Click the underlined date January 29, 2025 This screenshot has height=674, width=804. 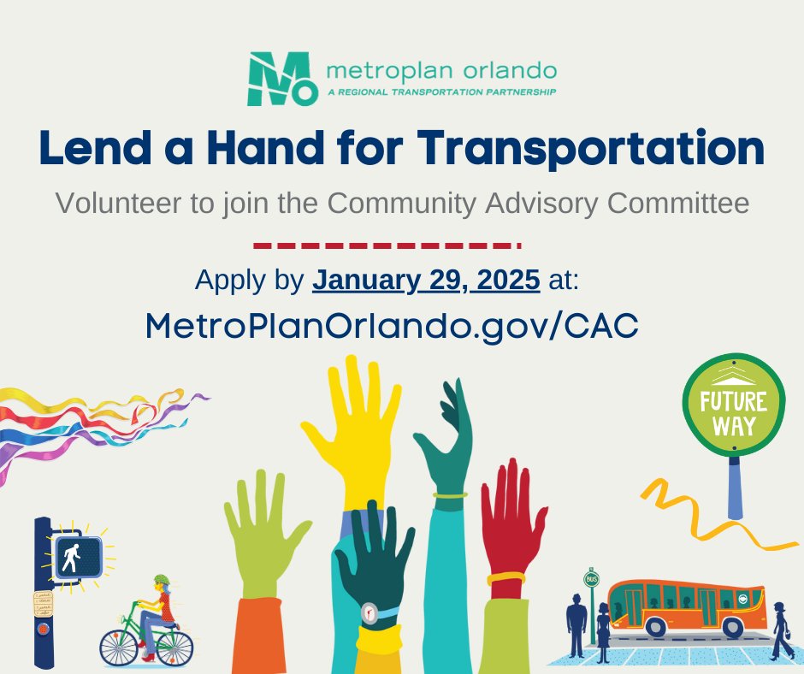coord(426,280)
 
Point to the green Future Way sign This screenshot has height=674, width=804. coord(734,405)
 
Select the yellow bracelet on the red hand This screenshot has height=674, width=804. coord(506,579)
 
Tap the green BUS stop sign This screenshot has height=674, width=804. coord(591,579)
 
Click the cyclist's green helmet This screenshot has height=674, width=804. coord(162,582)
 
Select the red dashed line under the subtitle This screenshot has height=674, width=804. coord(387,245)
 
